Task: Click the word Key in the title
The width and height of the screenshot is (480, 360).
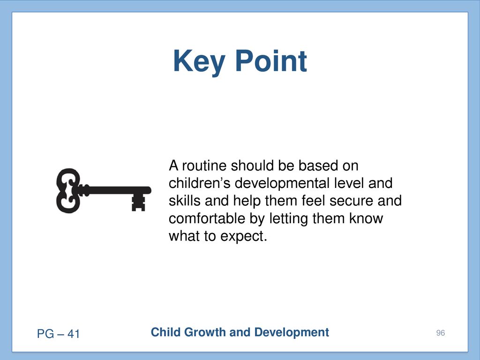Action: [x=199, y=62]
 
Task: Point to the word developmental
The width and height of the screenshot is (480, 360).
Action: [x=282, y=183]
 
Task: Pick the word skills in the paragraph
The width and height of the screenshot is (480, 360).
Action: [x=185, y=201]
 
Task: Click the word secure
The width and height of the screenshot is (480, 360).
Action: [x=352, y=201]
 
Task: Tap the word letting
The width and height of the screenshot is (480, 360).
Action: [x=289, y=219]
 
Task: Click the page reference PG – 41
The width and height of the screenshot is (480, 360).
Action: [x=58, y=334]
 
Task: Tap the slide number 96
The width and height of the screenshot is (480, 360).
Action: [x=441, y=333]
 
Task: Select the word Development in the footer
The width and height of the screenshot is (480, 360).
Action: [x=292, y=332]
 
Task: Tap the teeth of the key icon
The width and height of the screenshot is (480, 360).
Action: [x=138, y=203]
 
